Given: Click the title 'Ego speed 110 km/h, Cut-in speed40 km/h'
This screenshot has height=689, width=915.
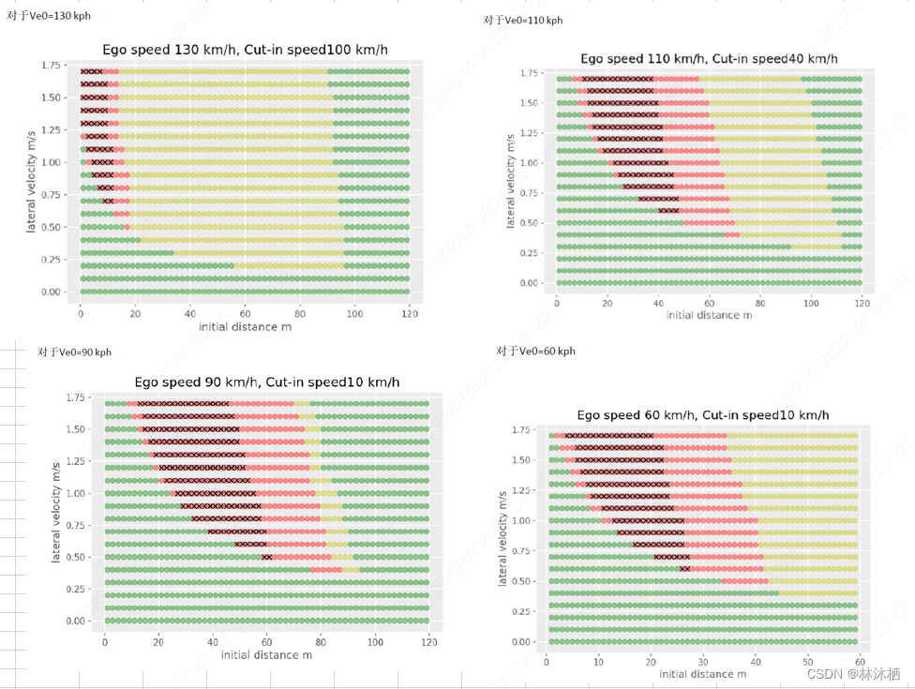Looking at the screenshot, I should (708, 58).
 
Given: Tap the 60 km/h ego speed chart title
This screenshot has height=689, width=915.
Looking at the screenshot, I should (702, 414).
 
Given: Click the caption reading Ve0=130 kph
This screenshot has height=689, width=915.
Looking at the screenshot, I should (49, 16).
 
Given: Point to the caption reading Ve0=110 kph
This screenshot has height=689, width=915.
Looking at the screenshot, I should (523, 20).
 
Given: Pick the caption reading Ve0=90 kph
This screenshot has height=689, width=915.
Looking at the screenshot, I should (74, 352).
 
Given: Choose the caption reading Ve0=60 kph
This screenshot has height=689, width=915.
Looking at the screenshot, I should (536, 351).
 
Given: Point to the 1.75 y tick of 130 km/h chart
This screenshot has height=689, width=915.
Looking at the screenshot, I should (52, 66).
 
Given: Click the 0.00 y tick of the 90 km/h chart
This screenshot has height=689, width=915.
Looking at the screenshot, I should (74, 621).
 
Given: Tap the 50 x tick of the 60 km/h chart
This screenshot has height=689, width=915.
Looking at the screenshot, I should (807, 662).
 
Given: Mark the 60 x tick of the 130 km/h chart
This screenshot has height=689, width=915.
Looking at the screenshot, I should (245, 313).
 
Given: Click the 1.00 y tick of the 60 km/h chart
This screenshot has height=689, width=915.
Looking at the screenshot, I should (525, 520).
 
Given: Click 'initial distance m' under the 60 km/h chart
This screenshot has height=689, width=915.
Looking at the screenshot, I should (702, 674).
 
